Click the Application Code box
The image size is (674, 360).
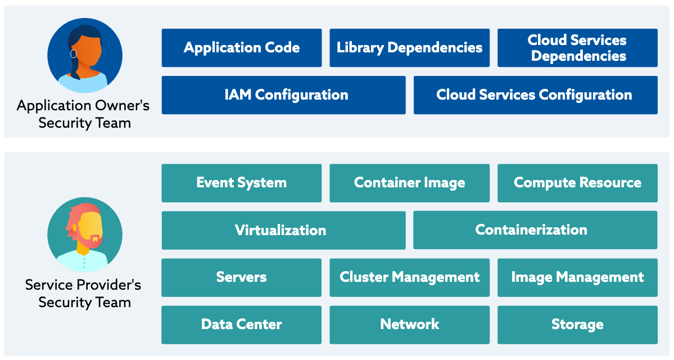tap(242, 48)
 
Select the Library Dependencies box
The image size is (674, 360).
tap(409, 48)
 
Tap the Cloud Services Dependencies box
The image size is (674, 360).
tap(578, 48)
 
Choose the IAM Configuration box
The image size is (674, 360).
tap(283, 95)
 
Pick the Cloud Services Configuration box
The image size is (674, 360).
tap(535, 95)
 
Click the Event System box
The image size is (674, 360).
tap(242, 183)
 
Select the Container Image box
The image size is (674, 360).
tap(409, 183)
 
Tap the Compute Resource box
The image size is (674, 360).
tap(577, 183)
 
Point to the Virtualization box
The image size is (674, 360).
tap(283, 230)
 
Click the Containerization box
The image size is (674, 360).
tap(535, 230)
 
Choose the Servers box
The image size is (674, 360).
tap(242, 277)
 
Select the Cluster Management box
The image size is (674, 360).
tap(409, 277)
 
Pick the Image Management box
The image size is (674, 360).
tap(577, 277)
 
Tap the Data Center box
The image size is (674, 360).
tap(242, 325)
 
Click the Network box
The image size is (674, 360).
tap(409, 325)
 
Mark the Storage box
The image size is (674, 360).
tap(577, 325)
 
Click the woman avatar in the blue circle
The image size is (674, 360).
tap(84, 55)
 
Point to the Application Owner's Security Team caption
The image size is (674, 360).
tap(84, 114)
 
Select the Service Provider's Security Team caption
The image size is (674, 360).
tap(84, 293)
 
